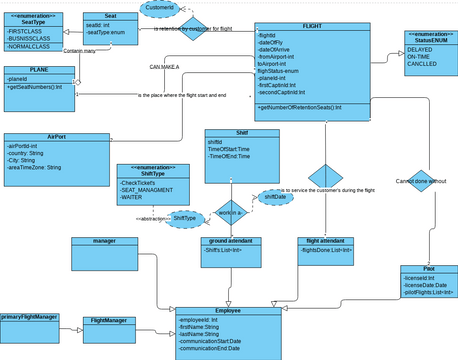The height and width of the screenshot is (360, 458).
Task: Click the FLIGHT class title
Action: pos(311,23)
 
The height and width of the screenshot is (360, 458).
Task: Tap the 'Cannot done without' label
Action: pos(421,181)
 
